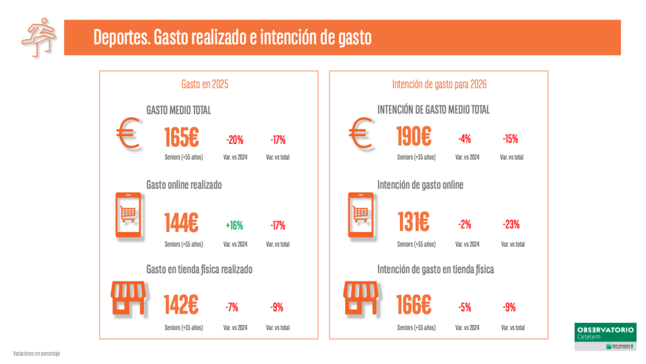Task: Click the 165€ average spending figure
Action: [x=181, y=137]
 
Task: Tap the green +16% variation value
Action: [x=234, y=225]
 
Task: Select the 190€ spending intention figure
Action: [x=413, y=137]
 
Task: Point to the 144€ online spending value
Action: [x=181, y=223]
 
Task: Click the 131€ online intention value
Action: [x=413, y=223]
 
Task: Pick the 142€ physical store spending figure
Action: [x=181, y=306]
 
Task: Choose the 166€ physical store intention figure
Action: [x=413, y=306]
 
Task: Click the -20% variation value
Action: [x=234, y=139]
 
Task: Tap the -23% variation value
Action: [x=511, y=225]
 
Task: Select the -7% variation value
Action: [x=232, y=308]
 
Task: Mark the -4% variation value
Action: [x=465, y=139]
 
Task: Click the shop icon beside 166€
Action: [x=360, y=298]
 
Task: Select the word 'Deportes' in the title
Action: [x=121, y=38]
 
